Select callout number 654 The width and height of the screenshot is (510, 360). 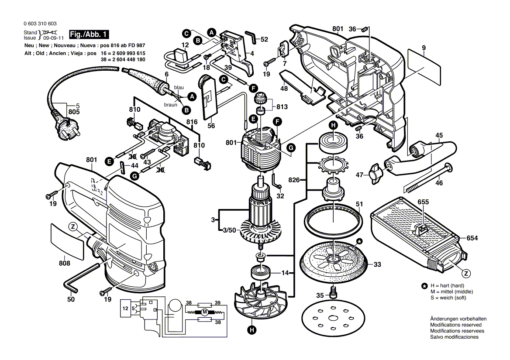coord(472,238)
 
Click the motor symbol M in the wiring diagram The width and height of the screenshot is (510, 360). coord(203,312)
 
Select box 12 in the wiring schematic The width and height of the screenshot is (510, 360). coord(126,309)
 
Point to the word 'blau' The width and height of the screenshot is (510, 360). coord(179,88)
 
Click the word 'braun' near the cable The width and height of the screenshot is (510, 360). coord(171,105)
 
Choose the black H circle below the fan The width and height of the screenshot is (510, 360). coord(252,330)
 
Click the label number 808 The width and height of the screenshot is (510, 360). coord(65,263)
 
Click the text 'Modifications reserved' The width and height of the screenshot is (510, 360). coord(455,325)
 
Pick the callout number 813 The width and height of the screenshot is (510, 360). coord(282,106)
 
